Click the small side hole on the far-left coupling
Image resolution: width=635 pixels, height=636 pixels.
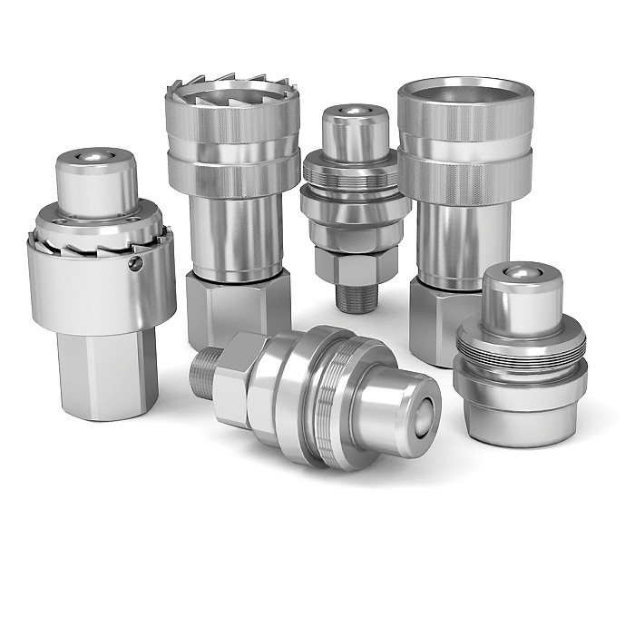click(x=136, y=263)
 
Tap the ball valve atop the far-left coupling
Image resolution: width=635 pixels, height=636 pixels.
click(x=95, y=159)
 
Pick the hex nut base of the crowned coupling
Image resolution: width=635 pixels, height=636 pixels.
click(x=238, y=304)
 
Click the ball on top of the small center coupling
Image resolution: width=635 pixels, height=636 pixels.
click(x=356, y=112)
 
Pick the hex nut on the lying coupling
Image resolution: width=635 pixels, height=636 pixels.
click(x=238, y=381)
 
